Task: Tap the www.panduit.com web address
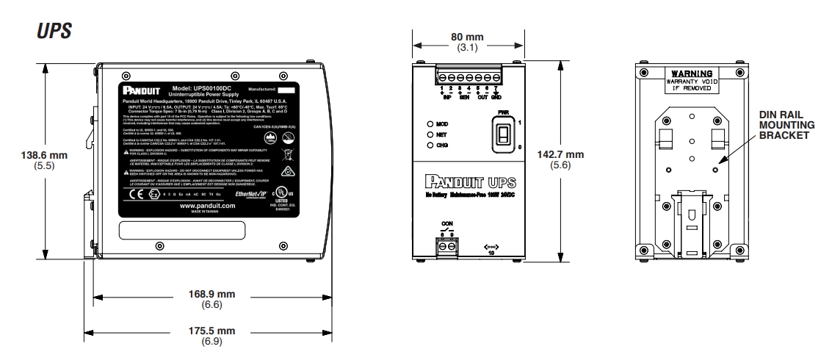click(207, 206)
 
